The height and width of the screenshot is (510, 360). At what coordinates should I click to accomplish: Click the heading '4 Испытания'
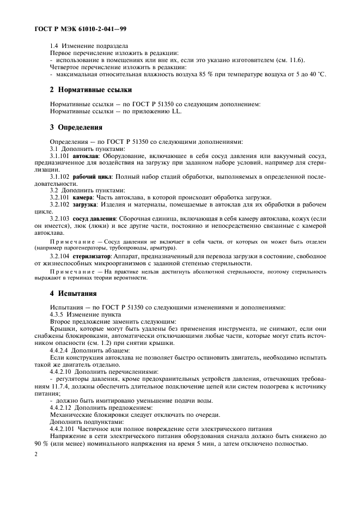click(73, 293)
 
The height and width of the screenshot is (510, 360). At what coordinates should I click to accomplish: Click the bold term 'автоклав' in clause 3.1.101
click(85, 155)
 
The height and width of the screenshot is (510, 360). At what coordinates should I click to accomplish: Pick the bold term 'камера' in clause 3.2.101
click(83, 197)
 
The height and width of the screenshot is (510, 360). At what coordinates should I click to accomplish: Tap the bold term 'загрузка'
click(86, 204)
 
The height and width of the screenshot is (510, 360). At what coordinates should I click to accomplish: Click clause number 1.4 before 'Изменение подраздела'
click(54, 46)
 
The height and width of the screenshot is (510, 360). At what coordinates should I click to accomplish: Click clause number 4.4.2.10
click(62, 371)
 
